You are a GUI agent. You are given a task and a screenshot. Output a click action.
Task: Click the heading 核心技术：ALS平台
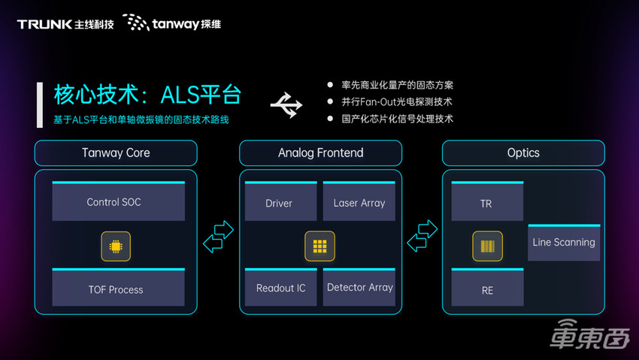147,95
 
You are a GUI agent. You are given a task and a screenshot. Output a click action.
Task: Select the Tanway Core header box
116,153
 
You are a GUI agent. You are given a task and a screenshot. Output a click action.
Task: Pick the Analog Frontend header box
320,153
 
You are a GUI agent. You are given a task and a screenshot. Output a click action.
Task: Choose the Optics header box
523,153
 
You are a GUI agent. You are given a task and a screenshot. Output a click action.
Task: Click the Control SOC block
114,202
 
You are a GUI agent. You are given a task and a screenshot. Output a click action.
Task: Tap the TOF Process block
115,289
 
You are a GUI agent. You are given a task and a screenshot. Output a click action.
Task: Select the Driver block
279,203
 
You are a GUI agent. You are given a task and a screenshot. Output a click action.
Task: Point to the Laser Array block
359,202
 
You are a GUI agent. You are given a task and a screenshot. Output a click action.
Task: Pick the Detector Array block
359,288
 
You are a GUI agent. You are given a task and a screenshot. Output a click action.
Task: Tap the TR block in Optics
486,203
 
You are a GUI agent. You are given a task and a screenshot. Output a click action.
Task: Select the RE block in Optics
487,289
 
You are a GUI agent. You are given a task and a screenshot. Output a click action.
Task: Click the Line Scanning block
564,242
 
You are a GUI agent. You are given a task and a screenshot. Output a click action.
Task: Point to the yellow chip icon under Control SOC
116,246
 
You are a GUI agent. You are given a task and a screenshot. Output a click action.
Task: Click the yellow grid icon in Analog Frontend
319,246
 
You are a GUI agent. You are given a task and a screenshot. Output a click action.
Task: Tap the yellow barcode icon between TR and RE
487,246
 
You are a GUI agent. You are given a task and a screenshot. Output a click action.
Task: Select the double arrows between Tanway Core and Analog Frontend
219,237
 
